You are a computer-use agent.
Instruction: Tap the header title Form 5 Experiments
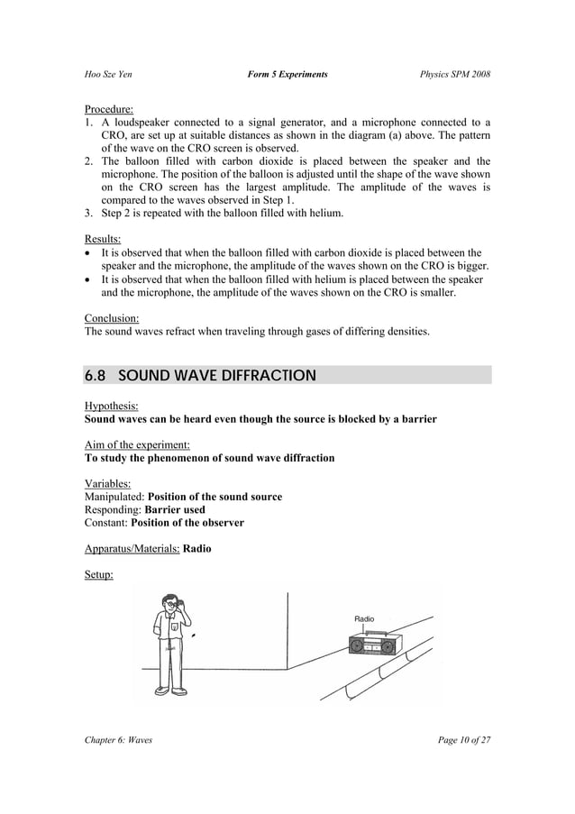click(x=287, y=73)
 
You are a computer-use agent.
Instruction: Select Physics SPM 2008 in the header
click(x=454, y=73)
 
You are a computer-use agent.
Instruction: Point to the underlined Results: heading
click(x=103, y=239)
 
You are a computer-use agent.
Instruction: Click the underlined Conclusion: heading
click(x=112, y=318)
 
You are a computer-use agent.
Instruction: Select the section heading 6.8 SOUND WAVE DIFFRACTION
click(x=200, y=375)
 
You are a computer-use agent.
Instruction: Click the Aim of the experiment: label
click(x=137, y=444)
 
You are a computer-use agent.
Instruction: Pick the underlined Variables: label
click(x=108, y=483)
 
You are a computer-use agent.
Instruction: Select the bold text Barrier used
click(x=175, y=509)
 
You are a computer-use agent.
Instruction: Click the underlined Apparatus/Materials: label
click(x=132, y=548)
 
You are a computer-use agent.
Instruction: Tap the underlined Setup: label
click(x=98, y=574)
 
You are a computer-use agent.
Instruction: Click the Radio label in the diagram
click(x=364, y=619)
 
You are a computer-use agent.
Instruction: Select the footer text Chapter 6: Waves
click(x=118, y=740)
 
